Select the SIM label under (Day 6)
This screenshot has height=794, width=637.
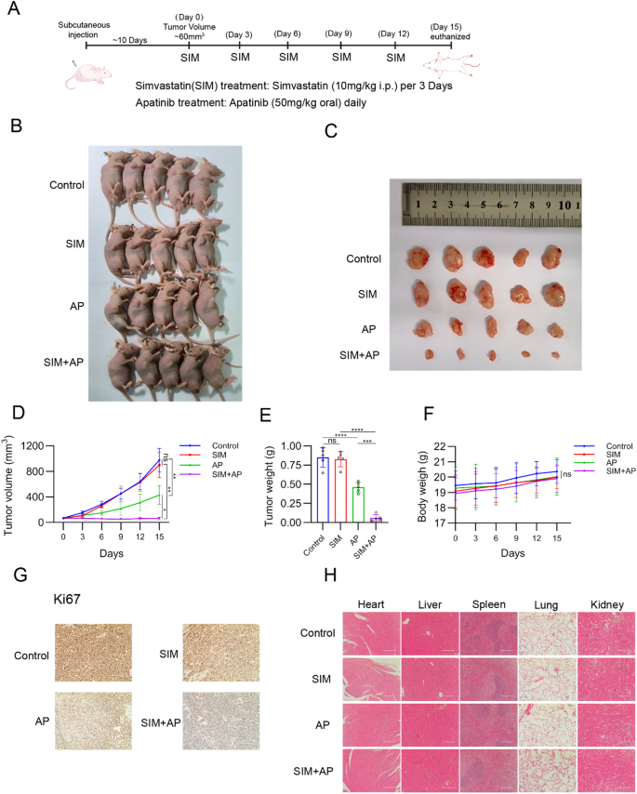tap(289, 57)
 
